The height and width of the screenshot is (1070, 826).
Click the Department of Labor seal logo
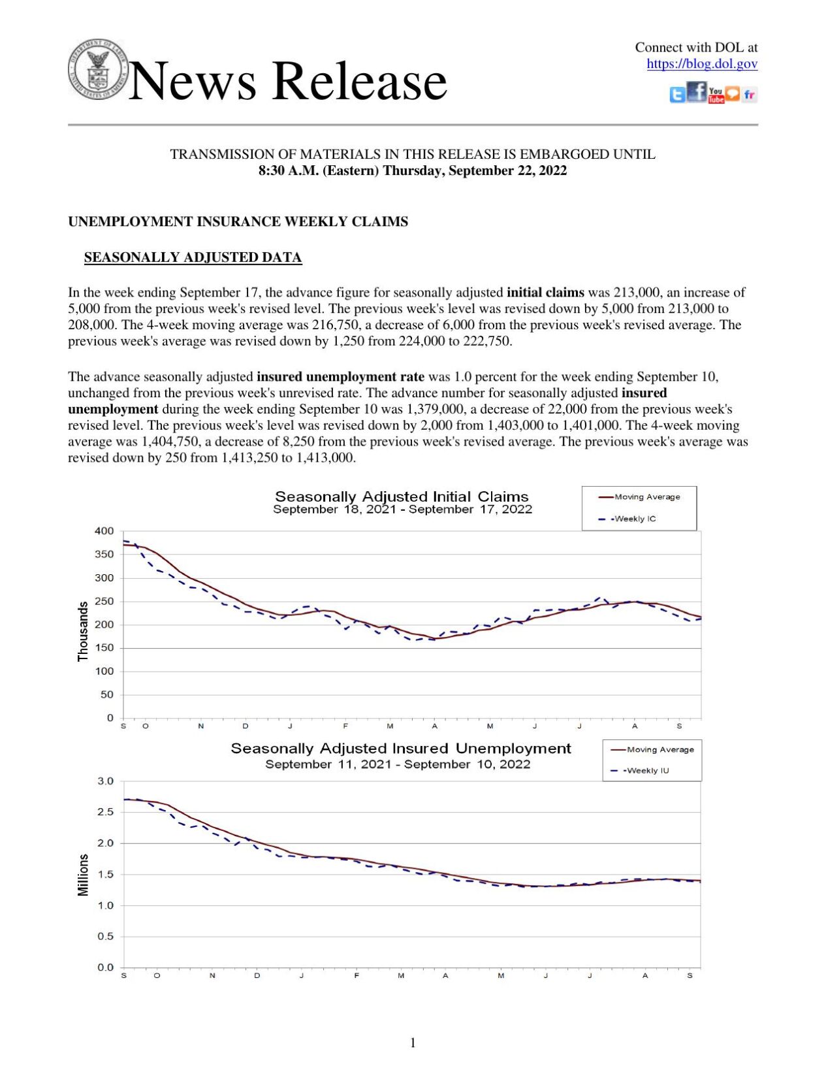[98, 69]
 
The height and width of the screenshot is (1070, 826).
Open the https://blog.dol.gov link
[701, 64]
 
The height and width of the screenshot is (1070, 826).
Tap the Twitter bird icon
[677, 95]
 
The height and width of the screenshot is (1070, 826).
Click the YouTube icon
[716, 95]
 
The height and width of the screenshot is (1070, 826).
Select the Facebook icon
[697, 91]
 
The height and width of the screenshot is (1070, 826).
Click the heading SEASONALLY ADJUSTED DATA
[193, 257]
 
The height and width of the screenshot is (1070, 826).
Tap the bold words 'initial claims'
[545, 292]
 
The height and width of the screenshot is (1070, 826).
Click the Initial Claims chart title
[402, 496]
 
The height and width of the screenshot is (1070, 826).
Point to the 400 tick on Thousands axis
[104, 531]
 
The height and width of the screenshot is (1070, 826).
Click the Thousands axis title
[83, 631]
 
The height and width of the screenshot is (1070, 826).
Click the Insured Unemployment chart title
[400, 749]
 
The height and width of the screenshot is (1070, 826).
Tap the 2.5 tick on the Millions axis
[105, 812]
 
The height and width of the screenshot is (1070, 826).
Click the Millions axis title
[83, 875]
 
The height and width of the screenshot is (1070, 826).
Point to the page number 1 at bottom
[413, 1043]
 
